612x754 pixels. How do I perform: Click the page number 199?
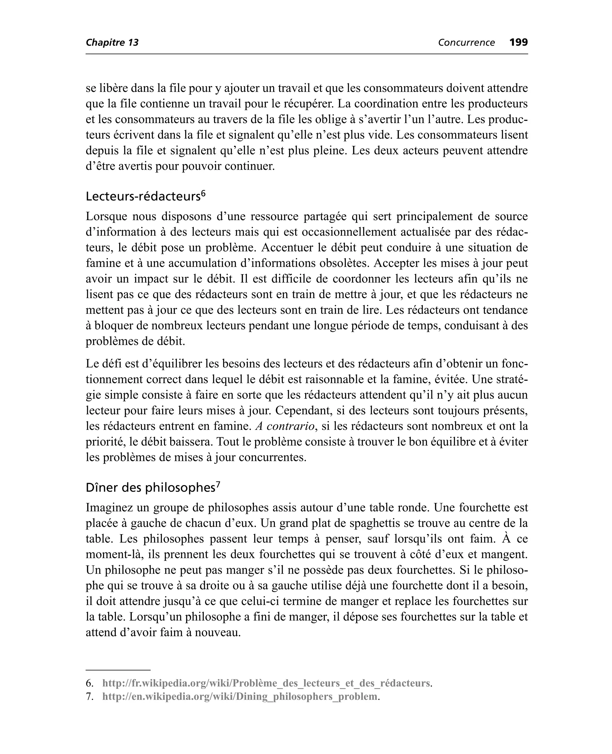tap(518, 42)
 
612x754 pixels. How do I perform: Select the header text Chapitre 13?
tap(112, 43)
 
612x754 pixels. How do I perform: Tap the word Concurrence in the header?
tap(466, 43)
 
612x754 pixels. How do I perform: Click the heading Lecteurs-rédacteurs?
tap(143, 197)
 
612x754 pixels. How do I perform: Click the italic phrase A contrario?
tap(285, 426)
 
